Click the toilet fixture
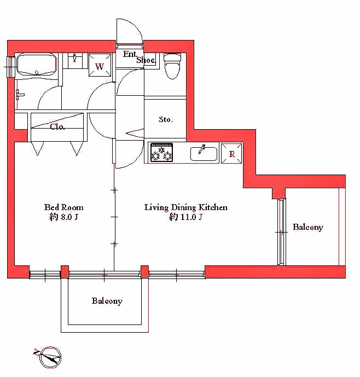[172, 66]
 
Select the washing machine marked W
[100, 65]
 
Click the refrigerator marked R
[231, 153]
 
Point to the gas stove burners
[161, 152]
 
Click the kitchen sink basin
[204, 154]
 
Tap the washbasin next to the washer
[75, 61]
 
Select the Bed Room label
[63, 207]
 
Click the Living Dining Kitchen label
[185, 207]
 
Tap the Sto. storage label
[165, 119]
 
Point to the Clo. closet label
[57, 127]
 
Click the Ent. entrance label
[130, 54]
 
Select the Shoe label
[146, 60]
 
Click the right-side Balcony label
[308, 227]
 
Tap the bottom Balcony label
[107, 301]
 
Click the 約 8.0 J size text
[63, 217]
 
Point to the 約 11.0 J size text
[185, 217]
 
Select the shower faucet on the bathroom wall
[19, 95]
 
